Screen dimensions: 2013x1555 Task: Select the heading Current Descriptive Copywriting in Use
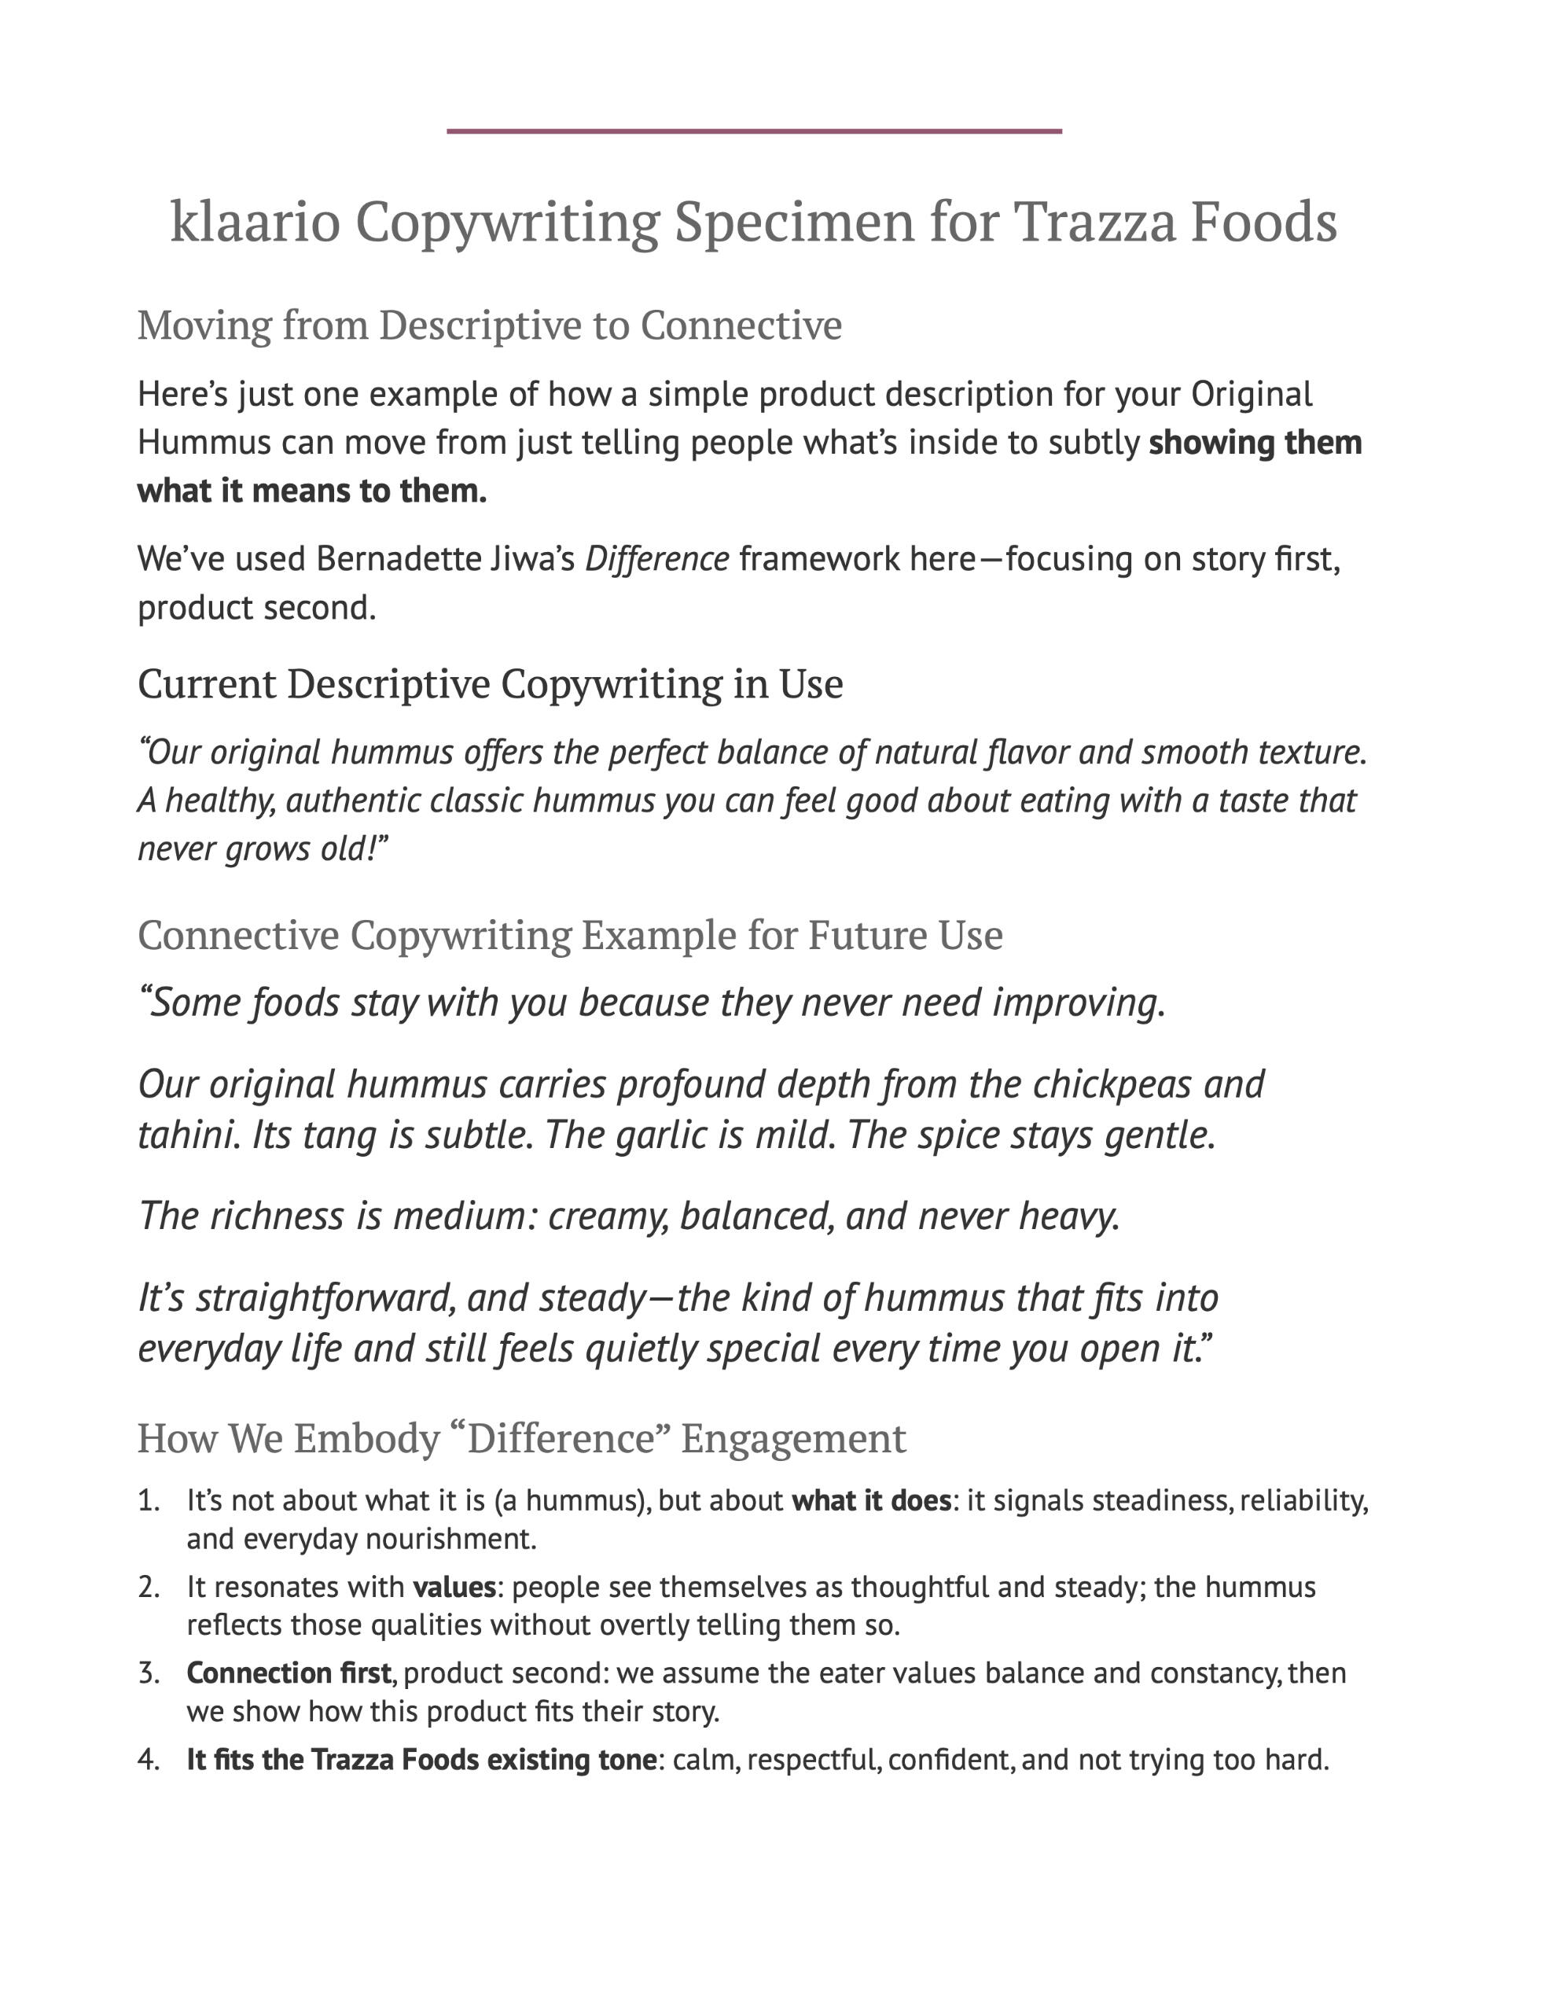(x=490, y=684)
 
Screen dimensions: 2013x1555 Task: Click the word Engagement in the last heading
(x=792, y=1439)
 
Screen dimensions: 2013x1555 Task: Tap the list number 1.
(x=148, y=1501)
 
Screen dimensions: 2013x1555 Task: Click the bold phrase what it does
(x=871, y=1501)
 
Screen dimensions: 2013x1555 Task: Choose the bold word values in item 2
(x=454, y=1587)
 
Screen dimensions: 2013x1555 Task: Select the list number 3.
(x=149, y=1673)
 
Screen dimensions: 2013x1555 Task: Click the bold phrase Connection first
(x=289, y=1673)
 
